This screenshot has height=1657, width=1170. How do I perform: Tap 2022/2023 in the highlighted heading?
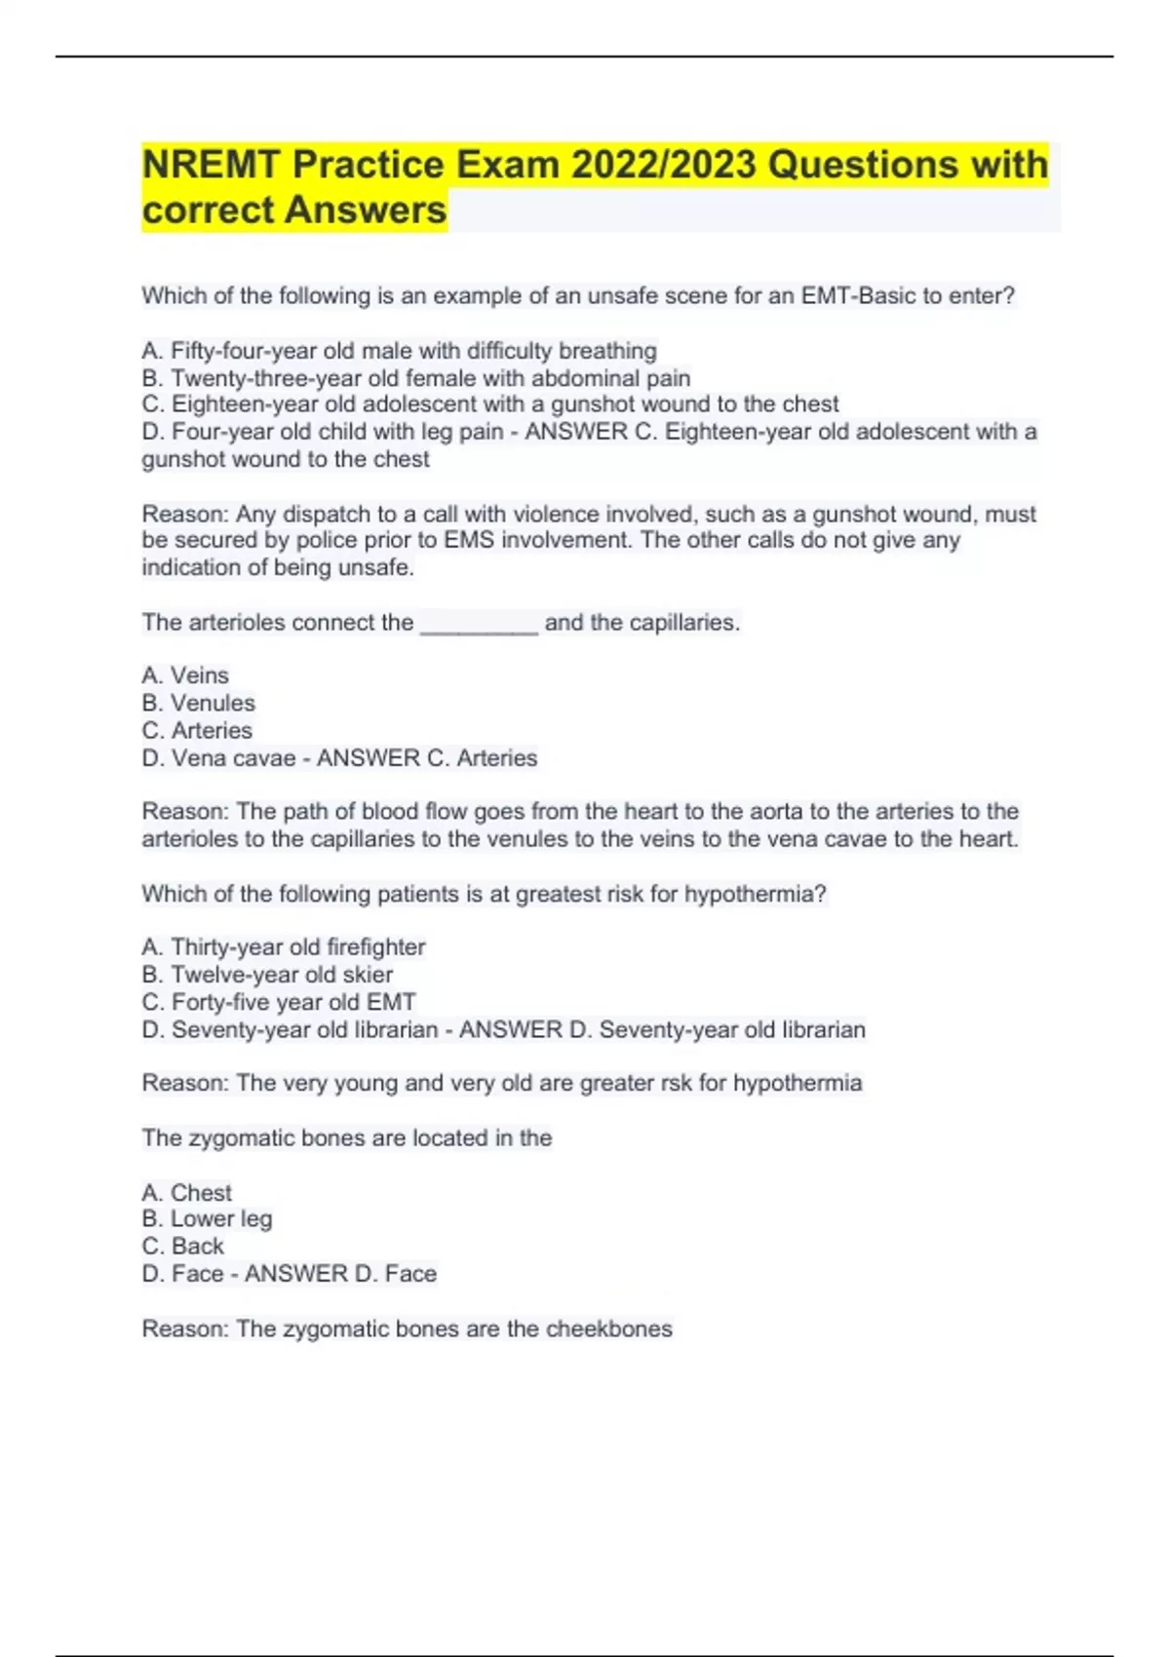[663, 165]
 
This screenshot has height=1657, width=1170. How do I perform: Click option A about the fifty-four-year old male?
[399, 351]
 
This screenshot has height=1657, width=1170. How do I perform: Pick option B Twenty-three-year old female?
[416, 378]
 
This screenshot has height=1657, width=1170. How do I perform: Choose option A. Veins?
[185, 675]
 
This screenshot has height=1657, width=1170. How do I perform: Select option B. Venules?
[198, 703]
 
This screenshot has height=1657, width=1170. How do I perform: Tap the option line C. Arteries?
[197, 730]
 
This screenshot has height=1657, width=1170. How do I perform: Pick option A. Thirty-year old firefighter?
[284, 947]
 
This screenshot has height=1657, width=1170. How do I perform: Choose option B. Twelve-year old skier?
[267, 975]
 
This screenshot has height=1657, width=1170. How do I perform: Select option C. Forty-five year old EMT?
[279, 1002]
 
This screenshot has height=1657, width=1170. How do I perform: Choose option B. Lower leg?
[207, 1218]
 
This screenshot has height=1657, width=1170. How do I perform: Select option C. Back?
[182, 1246]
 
